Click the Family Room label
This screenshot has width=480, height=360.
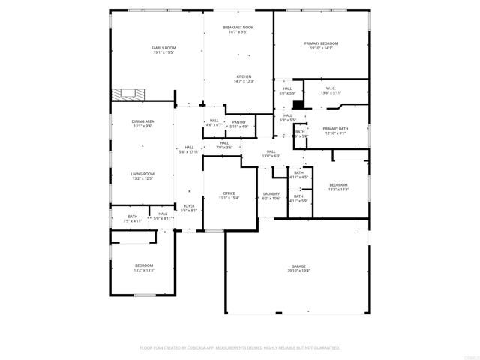163,50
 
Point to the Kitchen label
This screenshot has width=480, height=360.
244,79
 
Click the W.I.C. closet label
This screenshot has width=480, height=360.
331,90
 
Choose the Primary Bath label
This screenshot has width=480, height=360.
334,131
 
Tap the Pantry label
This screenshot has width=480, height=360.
238,124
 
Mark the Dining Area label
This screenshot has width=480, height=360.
142,124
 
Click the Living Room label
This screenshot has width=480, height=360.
142,175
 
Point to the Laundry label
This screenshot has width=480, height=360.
271,196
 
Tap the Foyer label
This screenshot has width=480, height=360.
189,208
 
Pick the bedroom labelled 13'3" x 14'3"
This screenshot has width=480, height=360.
338,187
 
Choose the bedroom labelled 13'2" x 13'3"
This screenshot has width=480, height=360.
144,268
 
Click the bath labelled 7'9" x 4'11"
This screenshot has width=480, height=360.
132,218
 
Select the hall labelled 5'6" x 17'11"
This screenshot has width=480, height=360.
189,149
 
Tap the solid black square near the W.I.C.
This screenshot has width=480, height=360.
298,105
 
